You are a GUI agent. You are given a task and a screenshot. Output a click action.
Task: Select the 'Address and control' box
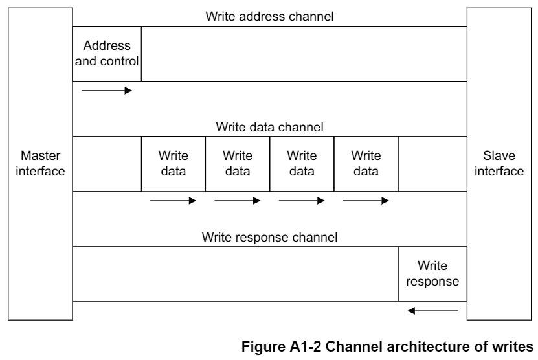click(107, 54)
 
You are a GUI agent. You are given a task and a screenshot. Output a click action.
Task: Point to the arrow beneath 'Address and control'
click(107, 90)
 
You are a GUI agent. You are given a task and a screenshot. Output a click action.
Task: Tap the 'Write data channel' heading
click(269, 127)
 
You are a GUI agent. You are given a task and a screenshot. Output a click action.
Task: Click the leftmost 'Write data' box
click(173, 164)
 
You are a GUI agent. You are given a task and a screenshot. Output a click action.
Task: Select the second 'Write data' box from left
click(237, 164)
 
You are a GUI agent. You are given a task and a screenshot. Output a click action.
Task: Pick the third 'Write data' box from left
click(301, 164)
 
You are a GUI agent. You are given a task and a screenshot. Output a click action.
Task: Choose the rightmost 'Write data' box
click(365, 164)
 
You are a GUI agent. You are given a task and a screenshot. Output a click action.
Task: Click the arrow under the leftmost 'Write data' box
click(173, 201)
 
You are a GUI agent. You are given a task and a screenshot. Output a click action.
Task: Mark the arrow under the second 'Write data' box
click(237, 201)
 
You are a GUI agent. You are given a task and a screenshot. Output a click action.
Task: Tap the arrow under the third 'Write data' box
click(301, 201)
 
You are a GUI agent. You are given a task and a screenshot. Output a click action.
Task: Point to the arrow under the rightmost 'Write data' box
click(365, 201)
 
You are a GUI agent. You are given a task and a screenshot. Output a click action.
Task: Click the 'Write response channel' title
click(269, 237)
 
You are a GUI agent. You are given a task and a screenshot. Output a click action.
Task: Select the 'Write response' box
click(432, 274)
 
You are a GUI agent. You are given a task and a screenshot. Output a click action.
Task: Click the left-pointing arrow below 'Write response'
click(432, 311)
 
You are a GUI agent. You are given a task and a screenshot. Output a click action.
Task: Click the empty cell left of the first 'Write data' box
click(107, 164)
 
